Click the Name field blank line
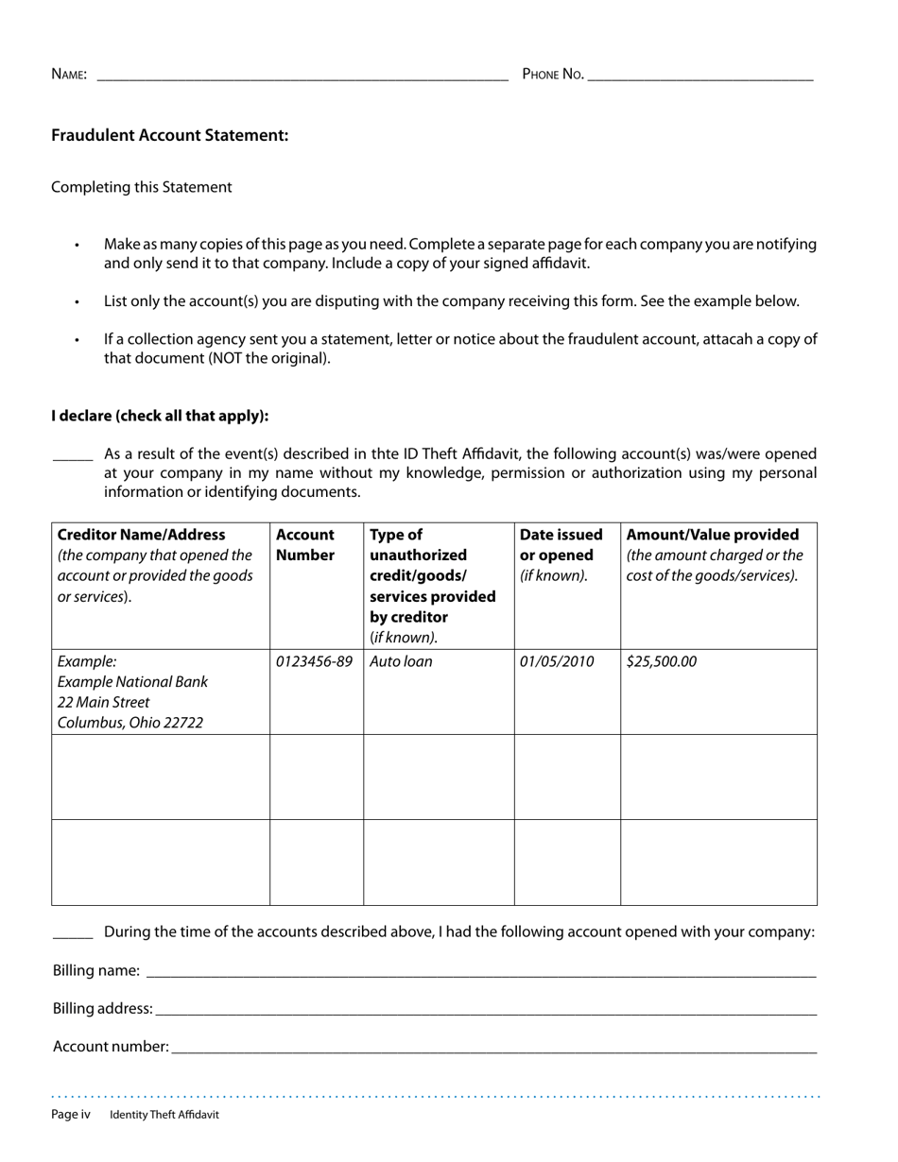pos(302,77)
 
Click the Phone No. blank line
pos(699,77)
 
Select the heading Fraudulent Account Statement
pos(170,135)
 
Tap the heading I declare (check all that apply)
pos(160,416)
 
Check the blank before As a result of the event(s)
pos(72,455)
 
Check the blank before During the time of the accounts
pos(72,933)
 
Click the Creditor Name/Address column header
pos(142,535)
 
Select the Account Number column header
pos(305,545)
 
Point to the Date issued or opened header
pos(561,545)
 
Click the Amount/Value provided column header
pos(713,535)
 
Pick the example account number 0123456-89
pos(314,661)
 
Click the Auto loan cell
pos(401,661)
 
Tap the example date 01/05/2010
pos(557,661)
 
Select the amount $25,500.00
pos(661,661)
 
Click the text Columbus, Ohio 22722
pos(130,723)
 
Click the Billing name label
pos(96,970)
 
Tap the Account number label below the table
pos(111,1046)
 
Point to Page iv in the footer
pos(71,1115)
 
